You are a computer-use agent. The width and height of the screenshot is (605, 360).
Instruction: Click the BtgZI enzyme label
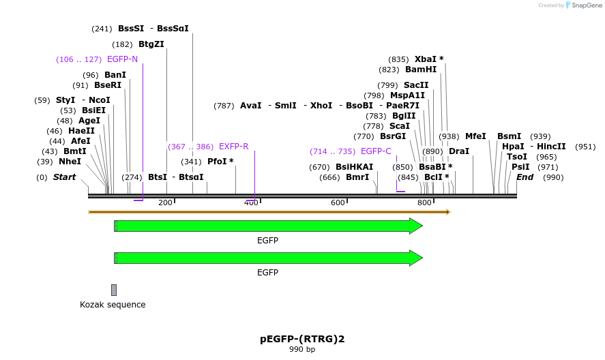click(x=151, y=44)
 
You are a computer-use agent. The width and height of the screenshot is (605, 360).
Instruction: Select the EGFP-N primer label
click(x=122, y=59)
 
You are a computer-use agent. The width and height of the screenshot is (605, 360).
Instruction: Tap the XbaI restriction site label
click(x=429, y=59)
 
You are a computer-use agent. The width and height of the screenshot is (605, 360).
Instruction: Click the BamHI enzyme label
click(x=420, y=70)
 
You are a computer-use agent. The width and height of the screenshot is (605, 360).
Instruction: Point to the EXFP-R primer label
click(x=233, y=147)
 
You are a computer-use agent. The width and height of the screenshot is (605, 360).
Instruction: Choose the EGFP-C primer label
click(x=376, y=151)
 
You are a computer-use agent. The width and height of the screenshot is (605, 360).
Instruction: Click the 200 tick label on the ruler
click(x=166, y=202)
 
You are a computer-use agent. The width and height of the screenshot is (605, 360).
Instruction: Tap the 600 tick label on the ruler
click(x=338, y=202)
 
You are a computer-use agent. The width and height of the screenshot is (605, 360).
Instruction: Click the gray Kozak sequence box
click(x=114, y=290)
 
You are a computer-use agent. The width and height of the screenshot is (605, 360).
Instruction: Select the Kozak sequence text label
click(x=113, y=305)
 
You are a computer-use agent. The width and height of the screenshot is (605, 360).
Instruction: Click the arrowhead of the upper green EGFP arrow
click(x=416, y=226)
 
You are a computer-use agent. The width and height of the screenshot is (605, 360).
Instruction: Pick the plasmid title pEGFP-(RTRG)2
click(x=302, y=339)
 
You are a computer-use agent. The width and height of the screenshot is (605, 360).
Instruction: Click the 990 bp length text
click(x=302, y=350)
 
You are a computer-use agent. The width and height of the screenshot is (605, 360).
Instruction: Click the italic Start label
click(x=64, y=177)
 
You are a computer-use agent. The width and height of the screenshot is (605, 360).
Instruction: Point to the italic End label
click(x=525, y=177)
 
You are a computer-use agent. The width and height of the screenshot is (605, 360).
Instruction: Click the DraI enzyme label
click(x=458, y=151)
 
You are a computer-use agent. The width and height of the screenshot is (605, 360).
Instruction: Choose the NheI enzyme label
click(x=69, y=162)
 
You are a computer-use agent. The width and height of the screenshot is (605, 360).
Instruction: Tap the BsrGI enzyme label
click(x=393, y=136)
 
